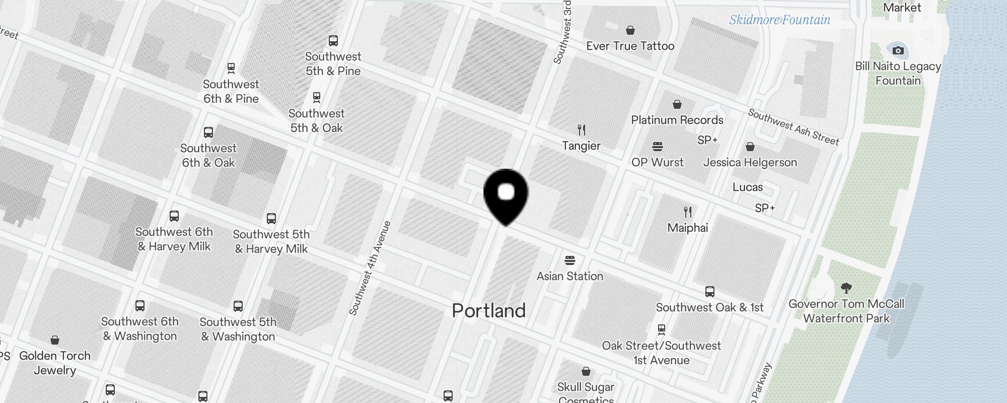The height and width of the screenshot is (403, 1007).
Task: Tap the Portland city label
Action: [488, 310]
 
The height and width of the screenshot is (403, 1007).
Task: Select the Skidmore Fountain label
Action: [779, 20]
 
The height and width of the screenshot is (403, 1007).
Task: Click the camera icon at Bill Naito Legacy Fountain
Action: [898, 50]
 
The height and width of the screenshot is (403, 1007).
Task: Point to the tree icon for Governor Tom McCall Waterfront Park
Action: [846, 288]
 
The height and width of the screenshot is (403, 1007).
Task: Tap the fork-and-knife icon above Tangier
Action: [582, 130]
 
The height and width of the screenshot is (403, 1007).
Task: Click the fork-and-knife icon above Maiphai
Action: [688, 212]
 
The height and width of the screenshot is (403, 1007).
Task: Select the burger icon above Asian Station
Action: [570, 260]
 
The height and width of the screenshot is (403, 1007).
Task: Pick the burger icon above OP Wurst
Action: [657, 147]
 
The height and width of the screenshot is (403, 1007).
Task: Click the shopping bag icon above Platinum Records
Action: [677, 104]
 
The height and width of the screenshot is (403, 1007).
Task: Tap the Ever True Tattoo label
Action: [630, 46]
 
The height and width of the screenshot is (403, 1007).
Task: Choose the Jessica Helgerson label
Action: [750, 162]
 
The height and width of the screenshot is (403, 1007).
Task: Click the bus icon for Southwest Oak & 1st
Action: [709, 291]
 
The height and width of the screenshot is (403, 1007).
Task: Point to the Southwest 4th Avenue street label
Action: [370, 268]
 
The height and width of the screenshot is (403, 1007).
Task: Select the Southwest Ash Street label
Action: [794, 127]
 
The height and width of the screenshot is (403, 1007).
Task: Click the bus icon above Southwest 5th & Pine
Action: [333, 41]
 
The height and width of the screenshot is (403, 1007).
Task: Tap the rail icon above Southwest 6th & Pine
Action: [231, 68]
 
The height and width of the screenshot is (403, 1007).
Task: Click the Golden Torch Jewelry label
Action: [55, 363]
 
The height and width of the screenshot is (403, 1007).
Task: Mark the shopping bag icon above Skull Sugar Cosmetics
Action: [586, 371]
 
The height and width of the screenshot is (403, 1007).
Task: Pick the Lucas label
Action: [747, 187]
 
